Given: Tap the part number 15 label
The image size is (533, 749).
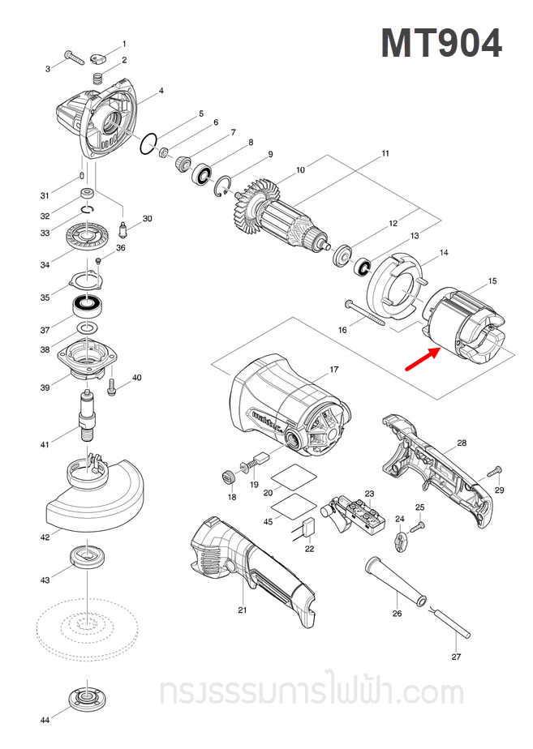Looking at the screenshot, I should (x=492, y=281).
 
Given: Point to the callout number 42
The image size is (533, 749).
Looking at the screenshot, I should (x=45, y=537).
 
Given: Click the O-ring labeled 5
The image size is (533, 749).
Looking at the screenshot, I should (x=147, y=144).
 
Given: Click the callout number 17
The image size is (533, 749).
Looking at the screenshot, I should (x=333, y=370).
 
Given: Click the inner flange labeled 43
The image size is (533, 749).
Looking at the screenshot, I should (x=84, y=558).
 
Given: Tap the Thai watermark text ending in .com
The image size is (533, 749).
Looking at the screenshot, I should (x=312, y=692).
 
